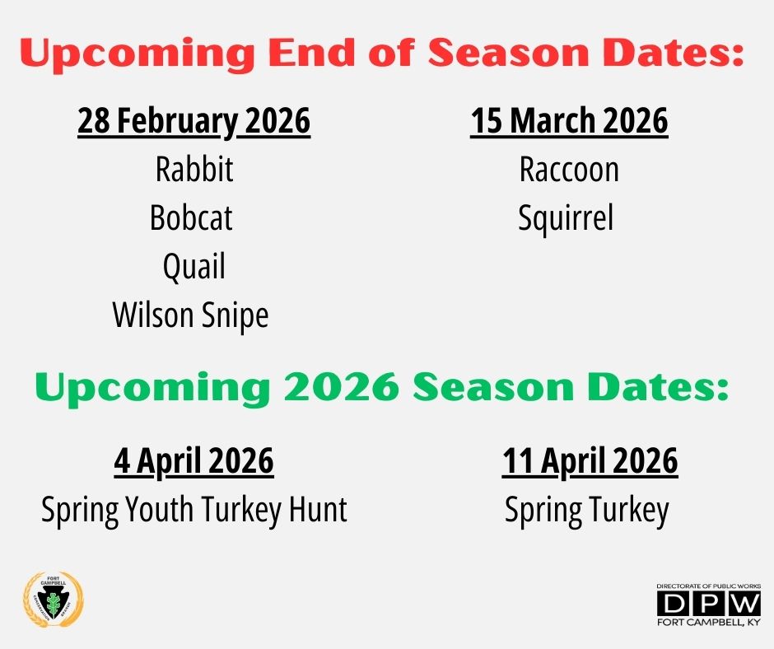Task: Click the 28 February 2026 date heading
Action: pos(194,122)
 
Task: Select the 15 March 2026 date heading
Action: pos(569,120)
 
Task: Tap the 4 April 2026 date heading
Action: pos(194,462)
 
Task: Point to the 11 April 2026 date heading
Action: pos(590,462)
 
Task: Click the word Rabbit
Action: pos(194,169)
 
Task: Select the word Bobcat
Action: pos(191,217)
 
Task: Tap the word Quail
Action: pos(194,267)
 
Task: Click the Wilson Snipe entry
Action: pos(190,315)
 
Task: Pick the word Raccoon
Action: pos(569,170)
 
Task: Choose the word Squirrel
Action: pos(566,217)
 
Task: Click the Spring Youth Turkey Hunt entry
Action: pos(194,510)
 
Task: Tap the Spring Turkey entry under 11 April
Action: pos(587,510)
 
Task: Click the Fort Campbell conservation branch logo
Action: pos(54,600)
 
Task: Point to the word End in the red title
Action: pos(312,53)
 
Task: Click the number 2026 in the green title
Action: pos(342,387)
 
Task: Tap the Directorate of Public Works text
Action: pos(709,586)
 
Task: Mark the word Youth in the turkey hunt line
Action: pos(159,509)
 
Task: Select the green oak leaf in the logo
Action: pos(53,601)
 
